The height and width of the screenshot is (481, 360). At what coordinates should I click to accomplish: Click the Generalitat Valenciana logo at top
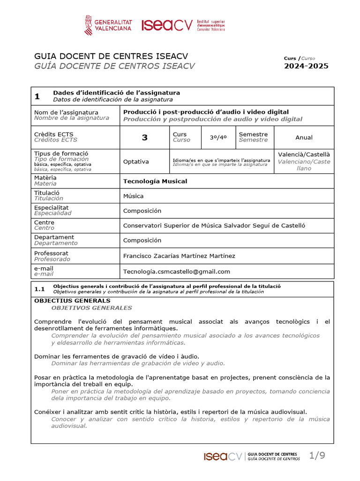point(108,25)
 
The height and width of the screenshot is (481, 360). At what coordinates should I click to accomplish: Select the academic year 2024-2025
point(306,66)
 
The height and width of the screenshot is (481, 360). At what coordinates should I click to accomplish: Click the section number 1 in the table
point(37,97)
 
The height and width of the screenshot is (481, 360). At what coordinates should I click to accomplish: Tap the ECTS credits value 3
point(144,138)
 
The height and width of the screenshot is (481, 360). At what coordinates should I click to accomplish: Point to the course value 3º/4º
point(218,137)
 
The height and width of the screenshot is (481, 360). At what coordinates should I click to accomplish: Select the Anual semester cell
point(304,138)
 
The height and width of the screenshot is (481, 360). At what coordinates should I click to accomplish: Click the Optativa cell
point(136,162)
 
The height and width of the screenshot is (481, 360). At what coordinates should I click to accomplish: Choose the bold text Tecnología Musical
point(155,181)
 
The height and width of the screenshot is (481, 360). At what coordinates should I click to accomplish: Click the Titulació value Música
point(134,196)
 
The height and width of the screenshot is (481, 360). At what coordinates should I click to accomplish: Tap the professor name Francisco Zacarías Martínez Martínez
point(179,256)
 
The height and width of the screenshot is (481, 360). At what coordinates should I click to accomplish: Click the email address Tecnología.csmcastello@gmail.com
point(177,271)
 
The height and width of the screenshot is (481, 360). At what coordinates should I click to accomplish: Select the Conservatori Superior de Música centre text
point(214,225)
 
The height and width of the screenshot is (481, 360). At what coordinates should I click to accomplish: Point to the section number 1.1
point(40,289)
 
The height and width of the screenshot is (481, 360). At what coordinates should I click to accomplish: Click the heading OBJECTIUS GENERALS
point(73,301)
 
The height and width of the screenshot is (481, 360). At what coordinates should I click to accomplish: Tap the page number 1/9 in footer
point(317,455)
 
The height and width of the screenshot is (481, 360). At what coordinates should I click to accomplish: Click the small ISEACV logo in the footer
point(223,456)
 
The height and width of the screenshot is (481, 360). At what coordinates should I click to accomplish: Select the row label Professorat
point(52,253)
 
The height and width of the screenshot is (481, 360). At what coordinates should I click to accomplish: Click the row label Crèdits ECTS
point(53,134)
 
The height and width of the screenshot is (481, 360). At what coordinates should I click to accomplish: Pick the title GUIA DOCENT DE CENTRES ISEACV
point(111,56)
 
